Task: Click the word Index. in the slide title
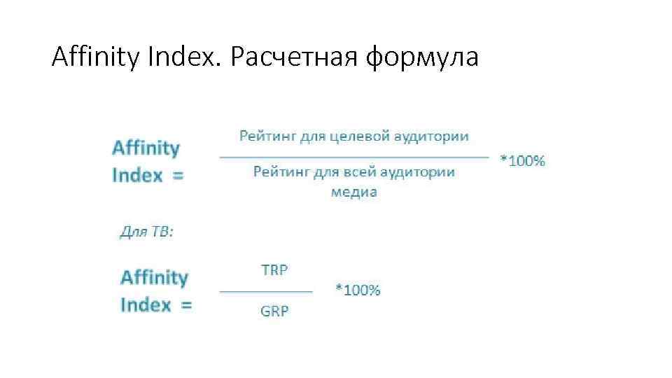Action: [184, 57]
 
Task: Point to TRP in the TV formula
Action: [274, 269]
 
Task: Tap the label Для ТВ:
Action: [146, 232]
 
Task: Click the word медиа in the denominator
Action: [353, 192]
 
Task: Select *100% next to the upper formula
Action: [522, 161]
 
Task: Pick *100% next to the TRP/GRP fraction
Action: [358, 290]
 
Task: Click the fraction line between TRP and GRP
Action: [266, 290]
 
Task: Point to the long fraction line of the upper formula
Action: [354, 157]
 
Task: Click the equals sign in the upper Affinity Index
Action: [178, 175]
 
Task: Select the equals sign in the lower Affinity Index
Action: [185, 305]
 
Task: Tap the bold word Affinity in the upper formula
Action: [146, 148]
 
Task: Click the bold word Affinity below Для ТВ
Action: [154, 278]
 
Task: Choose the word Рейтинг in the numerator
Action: [268, 136]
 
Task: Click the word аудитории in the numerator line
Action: [430, 136]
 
